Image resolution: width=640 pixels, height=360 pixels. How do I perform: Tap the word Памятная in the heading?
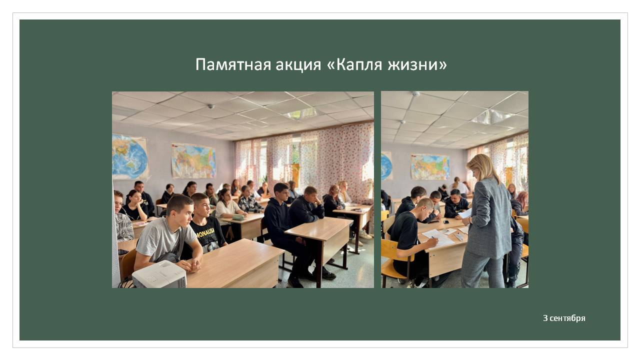(233, 65)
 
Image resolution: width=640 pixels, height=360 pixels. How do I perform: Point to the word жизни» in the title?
(417, 64)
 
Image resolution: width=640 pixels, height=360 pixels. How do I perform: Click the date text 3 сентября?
(564, 318)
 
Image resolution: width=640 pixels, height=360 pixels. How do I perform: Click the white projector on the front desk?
(159, 274)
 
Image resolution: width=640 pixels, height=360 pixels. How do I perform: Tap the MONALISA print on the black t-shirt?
(206, 230)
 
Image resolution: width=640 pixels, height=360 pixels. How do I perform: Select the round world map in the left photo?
(130, 157)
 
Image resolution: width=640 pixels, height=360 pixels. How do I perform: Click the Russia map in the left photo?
(193, 161)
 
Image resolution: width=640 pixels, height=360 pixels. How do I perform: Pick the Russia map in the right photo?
(430, 167)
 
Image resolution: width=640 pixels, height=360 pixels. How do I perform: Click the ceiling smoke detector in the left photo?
(211, 106)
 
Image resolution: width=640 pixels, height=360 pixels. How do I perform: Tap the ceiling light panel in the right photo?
(492, 116)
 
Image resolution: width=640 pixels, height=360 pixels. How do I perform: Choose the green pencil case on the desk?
(238, 217)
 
